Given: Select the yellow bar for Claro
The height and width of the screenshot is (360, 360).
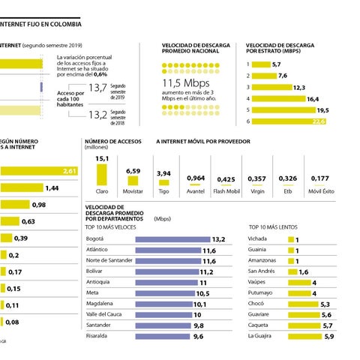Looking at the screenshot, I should pyautogui.click(x=102, y=175).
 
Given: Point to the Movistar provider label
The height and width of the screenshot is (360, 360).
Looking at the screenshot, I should pyautogui.click(x=133, y=192).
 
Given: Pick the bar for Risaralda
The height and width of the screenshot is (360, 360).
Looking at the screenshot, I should pyautogui.click(x=163, y=337).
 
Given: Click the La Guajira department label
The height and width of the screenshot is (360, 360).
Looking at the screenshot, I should pyautogui.click(x=263, y=337).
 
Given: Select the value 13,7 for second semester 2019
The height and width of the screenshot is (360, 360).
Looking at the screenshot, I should pyautogui.click(x=97, y=88).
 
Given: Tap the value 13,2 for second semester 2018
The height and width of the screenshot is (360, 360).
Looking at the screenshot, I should pyautogui.click(x=97, y=115).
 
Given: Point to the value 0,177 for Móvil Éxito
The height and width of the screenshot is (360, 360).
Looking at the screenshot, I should pyautogui.click(x=319, y=178).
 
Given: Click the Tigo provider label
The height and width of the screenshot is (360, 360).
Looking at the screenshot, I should pyautogui.click(x=163, y=192).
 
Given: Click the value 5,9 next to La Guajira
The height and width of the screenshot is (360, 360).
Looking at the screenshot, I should pyautogui.click(x=328, y=337).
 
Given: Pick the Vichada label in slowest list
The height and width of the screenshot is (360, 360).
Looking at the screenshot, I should pyautogui.click(x=257, y=238).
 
